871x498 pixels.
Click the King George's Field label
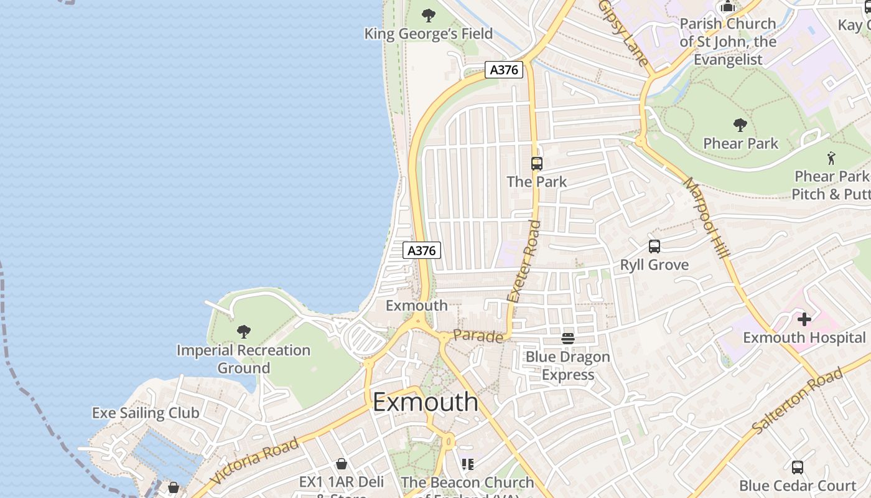[428, 34]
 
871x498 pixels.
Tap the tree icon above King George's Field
[428, 15]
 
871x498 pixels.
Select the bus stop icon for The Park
[536, 164]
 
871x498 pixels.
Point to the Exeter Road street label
[523, 261]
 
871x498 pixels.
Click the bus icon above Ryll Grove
[654, 246]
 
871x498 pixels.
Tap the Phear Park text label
[740, 143]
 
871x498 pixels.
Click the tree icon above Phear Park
[740, 125]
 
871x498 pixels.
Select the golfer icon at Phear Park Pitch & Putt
[831, 158]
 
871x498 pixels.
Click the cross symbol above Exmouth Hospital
[804, 320]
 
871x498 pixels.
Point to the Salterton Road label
[798, 402]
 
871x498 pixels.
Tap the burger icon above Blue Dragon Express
[567, 338]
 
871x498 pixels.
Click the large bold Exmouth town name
[426, 402]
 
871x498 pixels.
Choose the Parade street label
[478, 336]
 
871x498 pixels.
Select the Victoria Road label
[254, 461]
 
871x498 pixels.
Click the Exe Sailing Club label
[146, 413]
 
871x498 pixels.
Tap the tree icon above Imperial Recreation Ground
[244, 332]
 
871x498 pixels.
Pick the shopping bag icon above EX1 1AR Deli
[341, 464]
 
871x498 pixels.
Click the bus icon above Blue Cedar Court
[797, 467]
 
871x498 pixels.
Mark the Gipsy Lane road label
[624, 32]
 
